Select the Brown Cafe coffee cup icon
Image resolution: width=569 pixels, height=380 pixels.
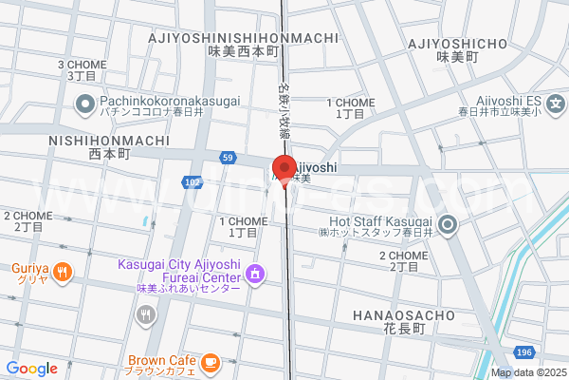pos(210,362)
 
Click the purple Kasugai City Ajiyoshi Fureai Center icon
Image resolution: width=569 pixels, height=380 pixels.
pos(254,275)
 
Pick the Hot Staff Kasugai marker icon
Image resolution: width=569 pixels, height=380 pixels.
pos(449,225)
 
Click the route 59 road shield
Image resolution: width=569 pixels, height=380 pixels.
pos(227,157)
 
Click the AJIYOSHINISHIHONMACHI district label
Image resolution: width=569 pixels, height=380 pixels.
pos(244,38)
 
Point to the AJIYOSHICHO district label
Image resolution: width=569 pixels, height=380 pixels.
pos(458,44)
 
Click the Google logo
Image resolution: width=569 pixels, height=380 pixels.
pos(31,369)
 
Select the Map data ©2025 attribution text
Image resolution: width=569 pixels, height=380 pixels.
pos(528,372)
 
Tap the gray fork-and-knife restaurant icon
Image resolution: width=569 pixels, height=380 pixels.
pos(145,315)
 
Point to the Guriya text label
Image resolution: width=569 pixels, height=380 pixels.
pos(29,268)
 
